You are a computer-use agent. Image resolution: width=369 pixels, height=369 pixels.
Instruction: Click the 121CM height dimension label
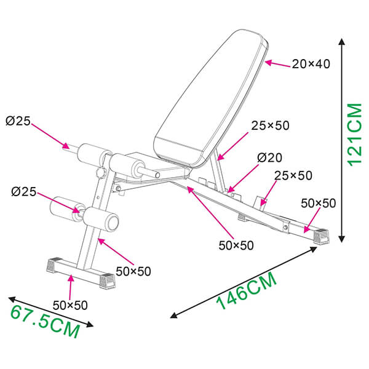coord(355,135)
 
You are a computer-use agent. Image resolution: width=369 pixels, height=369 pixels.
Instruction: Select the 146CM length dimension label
coord(246,291)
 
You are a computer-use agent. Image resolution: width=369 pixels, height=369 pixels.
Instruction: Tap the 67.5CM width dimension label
coord(45,322)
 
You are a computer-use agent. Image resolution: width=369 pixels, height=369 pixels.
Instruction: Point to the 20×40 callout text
coord(311,64)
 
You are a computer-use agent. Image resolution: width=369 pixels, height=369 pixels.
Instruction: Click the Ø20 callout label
coord(269,157)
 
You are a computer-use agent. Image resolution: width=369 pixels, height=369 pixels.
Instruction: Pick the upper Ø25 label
coord(18,121)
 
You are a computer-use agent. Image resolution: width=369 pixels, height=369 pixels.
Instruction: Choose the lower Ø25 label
coord(24,191)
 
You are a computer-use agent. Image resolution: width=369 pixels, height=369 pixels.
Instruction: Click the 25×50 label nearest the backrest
coord(270,125)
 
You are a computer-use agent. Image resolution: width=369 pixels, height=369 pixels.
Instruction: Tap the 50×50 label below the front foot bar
coord(70,306)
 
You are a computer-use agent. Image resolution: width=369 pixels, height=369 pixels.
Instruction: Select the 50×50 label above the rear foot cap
coord(319,204)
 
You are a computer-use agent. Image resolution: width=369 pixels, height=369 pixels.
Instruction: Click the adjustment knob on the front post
coord(100,173)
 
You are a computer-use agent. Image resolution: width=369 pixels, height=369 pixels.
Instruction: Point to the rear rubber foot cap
coord(322,236)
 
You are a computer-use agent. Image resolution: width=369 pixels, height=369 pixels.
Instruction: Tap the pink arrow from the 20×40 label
coord(278,64)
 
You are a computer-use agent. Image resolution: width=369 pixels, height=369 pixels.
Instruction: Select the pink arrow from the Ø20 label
coord(243,178)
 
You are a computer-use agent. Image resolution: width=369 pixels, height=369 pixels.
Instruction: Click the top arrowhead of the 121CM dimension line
coord(342,41)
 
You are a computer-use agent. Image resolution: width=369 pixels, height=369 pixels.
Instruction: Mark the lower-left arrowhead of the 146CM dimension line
coord(173,315)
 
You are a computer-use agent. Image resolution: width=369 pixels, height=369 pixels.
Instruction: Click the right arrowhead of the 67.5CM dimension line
coord(90,325)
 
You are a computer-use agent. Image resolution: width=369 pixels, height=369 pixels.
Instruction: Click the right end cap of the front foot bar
coord(107,281)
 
